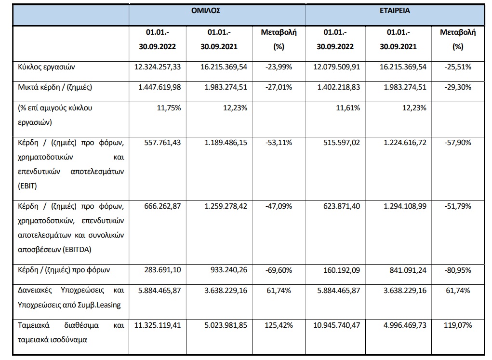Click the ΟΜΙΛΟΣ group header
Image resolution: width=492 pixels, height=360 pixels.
206,11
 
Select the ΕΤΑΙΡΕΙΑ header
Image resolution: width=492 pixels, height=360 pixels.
395,11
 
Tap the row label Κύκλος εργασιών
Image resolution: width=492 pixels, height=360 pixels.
46,67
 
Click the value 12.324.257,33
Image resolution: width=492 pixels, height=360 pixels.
158,67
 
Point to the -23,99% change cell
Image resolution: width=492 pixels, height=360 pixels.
279,67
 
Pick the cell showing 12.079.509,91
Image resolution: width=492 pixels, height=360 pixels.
337,67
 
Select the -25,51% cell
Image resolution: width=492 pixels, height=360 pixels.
458,67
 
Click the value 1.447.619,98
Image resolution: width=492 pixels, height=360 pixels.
160,87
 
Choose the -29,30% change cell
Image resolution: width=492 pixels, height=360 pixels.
458,87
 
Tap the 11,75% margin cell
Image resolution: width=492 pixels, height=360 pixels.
169,108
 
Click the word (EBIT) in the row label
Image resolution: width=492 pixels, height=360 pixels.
27,186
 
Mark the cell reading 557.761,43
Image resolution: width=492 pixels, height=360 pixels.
162,143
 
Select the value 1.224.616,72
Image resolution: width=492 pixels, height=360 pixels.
405,143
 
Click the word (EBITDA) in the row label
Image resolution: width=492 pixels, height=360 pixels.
77,250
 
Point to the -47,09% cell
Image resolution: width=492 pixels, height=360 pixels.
279,207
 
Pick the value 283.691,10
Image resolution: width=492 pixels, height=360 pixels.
162,270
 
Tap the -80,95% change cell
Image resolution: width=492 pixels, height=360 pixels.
458,270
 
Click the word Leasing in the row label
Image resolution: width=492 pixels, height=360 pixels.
108,305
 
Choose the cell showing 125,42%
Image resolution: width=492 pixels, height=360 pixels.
279,325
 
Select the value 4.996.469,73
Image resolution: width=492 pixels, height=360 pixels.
405,325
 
